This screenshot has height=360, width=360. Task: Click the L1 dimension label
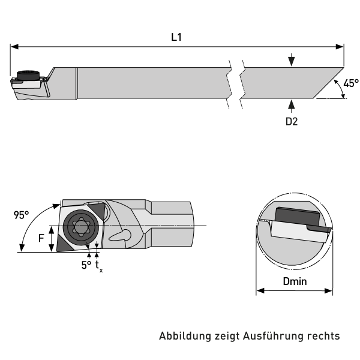pyautogui.click(x=176, y=37)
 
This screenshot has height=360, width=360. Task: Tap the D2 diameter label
pyautogui.click(x=292, y=121)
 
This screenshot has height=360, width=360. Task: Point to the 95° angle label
pyautogui.click(x=22, y=215)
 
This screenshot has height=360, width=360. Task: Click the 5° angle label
pyautogui.click(x=86, y=264)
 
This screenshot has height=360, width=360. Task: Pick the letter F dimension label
pyautogui.click(x=41, y=239)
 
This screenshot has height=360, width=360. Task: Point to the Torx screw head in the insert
pyautogui.click(x=80, y=227)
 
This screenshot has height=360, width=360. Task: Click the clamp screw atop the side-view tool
pyautogui.click(x=27, y=75)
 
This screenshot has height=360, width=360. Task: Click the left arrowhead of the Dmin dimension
pyautogui.click(x=260, y=292)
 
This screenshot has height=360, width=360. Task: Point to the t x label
pyautogui.click(x=98, y=265)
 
